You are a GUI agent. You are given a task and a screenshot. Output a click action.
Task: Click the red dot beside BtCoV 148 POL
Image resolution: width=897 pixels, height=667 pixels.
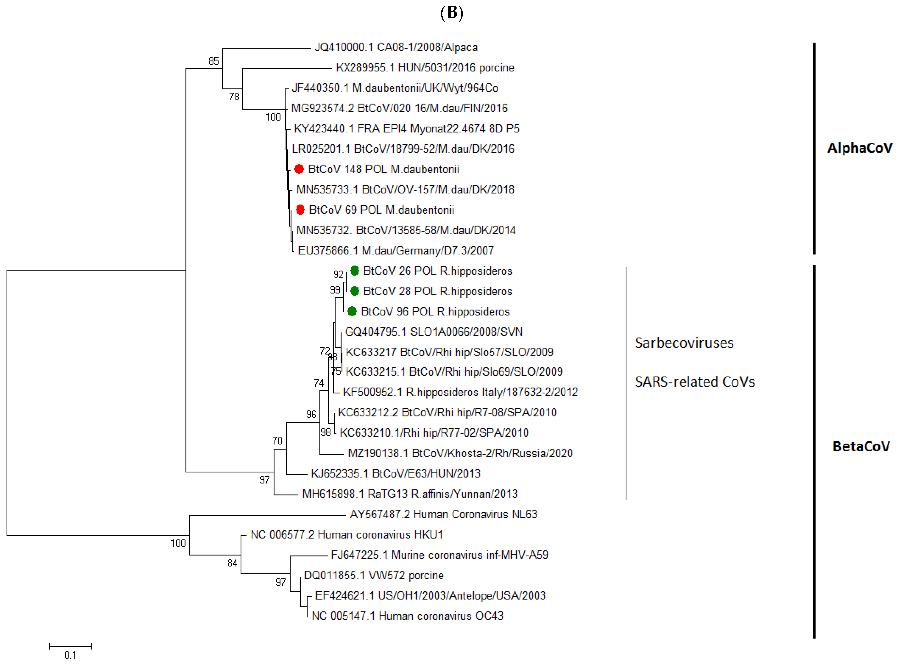299,169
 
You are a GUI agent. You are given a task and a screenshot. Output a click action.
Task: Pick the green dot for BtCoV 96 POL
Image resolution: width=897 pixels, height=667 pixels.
352,311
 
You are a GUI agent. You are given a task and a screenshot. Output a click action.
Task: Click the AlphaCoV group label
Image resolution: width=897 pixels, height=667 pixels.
859,148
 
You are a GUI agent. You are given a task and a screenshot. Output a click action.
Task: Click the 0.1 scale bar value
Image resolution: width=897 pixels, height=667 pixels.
70,655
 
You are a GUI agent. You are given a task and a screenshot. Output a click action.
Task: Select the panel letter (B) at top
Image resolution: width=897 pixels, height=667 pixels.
451,13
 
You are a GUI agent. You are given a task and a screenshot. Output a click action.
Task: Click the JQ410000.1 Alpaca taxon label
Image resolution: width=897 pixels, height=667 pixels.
396,48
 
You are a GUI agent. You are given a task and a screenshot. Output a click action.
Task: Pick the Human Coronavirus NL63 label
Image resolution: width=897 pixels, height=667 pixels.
443,514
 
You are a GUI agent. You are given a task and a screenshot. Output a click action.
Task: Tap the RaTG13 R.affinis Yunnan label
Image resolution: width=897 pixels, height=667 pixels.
410,494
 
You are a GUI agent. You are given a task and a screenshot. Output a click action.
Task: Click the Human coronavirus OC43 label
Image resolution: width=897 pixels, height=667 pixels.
407,616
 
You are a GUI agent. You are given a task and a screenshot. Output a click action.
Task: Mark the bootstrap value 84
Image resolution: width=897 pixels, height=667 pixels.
232,563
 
